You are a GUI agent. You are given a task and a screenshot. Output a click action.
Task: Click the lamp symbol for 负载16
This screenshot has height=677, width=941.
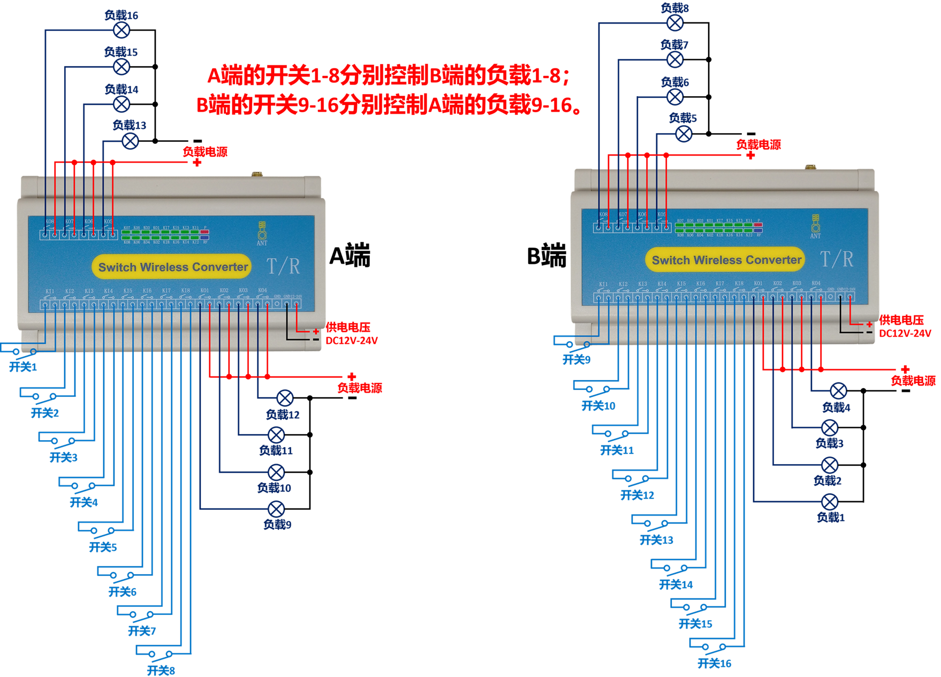click(x=122, y=30)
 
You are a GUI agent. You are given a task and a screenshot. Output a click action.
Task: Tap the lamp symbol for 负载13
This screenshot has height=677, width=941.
click(x=131, y=141)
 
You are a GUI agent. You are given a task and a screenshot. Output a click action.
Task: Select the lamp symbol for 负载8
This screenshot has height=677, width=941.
click(x=676, y=23)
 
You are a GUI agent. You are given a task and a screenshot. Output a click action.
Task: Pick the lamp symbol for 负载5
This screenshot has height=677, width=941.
click(x=684, y=134)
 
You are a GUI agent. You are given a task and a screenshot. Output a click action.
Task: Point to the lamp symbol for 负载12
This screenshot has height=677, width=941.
click(x=285, y=398)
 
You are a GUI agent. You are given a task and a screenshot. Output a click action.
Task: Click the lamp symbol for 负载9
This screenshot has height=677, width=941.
click(x=276, y=509)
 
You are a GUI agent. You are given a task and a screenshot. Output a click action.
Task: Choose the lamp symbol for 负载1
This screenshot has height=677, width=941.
click(x=830, y=502)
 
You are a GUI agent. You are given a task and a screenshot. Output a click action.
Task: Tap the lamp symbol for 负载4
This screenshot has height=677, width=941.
click(x=838, y=391)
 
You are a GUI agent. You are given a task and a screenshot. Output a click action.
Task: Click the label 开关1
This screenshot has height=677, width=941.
click(x=23, y=367)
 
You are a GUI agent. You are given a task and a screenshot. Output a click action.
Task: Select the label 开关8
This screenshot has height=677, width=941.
click(x=161, y=671)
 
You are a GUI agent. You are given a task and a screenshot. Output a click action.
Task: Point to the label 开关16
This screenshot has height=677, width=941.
click(x=714, y=664)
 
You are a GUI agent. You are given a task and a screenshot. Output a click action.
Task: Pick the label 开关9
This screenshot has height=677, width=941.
click(x=576, y=360)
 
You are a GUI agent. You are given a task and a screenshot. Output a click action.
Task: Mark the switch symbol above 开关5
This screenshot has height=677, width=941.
click(x=102, y=531)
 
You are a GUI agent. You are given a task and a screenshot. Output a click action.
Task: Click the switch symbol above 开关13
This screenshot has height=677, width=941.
click(x=656, y=524)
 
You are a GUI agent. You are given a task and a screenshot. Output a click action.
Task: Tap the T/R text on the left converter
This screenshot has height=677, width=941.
click(x=283, y=266)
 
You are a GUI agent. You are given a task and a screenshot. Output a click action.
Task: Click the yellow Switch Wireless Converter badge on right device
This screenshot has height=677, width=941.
click(x=726, y=260)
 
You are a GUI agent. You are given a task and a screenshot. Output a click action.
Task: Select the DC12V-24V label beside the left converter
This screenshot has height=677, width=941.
click(x=352, y=341)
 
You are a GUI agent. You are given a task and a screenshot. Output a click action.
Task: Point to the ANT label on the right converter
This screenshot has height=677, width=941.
click(x=815, y=236)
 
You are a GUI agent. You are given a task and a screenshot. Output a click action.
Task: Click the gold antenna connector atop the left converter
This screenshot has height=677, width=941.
click(x=257, y=174)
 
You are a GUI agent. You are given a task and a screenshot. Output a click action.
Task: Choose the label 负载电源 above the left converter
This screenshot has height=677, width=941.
click(x=205, y=152)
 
